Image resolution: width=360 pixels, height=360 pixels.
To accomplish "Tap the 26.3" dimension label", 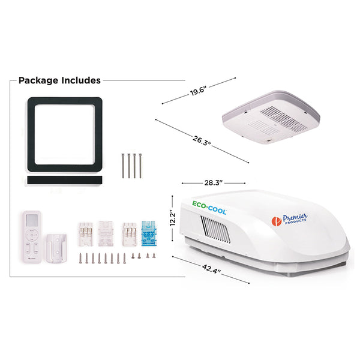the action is point(202,140).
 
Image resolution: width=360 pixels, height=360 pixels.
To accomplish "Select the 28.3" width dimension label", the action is point(214,183).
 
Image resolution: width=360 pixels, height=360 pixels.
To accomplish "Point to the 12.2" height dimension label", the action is point(173,218).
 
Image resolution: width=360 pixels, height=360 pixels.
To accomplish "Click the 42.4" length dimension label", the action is point(211,269).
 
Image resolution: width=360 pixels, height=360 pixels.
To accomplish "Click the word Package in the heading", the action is point(38,80).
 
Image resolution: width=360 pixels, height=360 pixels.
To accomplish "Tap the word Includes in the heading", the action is point(81,80).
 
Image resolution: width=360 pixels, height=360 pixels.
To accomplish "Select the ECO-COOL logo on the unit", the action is point(209,208).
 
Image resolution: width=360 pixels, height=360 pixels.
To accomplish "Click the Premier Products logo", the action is point(289,220).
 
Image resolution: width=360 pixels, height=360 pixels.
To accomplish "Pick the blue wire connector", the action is point(149,233).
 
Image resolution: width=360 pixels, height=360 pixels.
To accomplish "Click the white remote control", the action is point(32,237).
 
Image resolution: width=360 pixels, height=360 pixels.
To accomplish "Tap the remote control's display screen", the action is point(32,220).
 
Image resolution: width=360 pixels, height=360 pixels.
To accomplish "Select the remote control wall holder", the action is point(56,248).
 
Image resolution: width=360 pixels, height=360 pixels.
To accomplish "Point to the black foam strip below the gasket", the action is point(65,180).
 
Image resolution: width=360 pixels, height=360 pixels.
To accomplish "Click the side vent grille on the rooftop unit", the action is point(215,229).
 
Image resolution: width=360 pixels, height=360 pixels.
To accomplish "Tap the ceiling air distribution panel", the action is point(271,117).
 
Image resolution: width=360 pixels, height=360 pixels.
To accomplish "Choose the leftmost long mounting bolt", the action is point(123,166).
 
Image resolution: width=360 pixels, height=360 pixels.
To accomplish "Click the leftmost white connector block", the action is point(86,234).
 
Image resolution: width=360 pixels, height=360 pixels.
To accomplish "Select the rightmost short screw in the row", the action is point(154,256).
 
